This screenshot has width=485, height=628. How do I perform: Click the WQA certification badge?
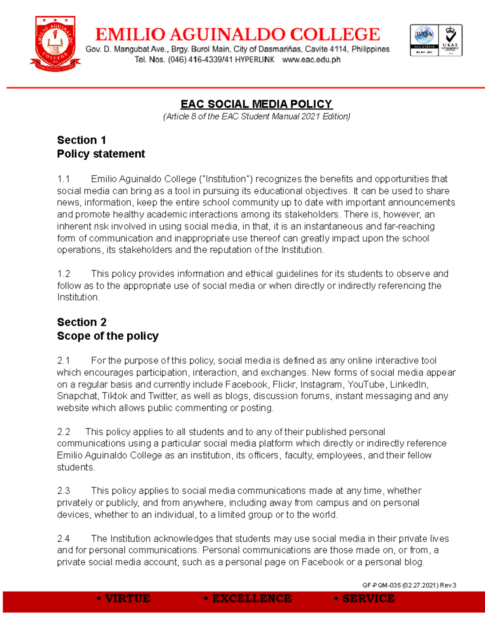pos(424,40)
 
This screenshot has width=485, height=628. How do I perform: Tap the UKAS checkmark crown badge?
pos(450,40)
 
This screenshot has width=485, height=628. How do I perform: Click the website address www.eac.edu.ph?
pos(311,60)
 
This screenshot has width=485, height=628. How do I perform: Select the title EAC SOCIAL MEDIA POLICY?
pos(256,104)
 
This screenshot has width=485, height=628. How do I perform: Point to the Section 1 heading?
pos(81,140)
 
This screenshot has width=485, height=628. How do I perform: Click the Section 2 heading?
pos(82,322)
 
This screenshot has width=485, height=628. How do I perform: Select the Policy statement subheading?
pos(101,154)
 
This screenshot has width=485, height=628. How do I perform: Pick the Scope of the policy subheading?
pos(108,336)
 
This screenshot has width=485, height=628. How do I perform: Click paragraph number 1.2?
pos(63,274)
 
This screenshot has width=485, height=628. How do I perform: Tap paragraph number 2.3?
pos(63,491)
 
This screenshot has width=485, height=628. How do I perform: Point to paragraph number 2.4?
pos(63,539)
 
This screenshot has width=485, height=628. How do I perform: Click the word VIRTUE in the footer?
pos(127,598)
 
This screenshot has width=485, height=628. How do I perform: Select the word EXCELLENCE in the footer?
pos(251,598)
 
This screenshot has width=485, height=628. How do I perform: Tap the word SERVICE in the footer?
pos(368,598)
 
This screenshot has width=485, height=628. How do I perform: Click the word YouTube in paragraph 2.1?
pos(366,384)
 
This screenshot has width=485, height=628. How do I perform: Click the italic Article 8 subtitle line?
pos(256,116)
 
